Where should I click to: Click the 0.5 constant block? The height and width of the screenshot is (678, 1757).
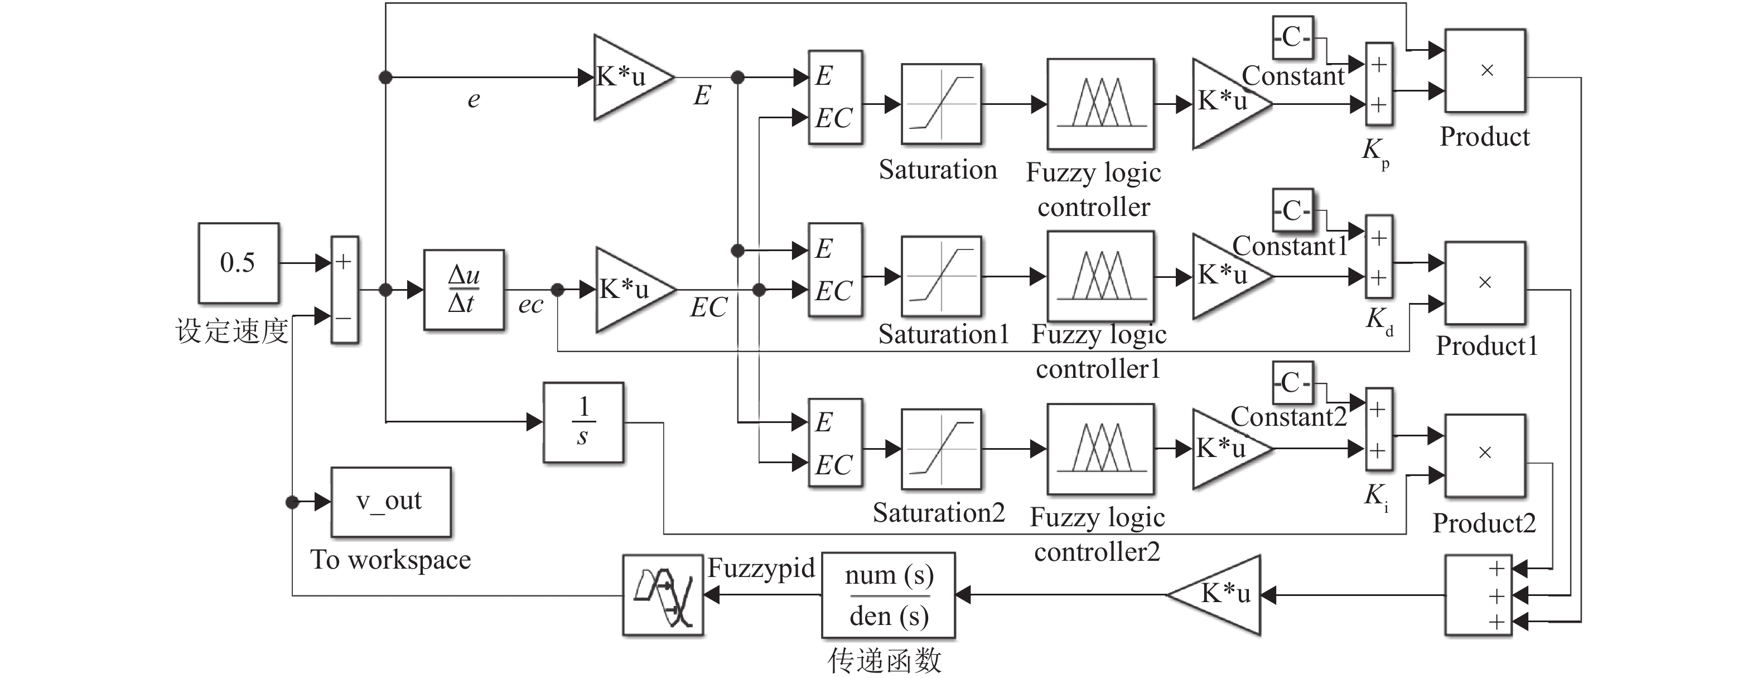click(238, 263)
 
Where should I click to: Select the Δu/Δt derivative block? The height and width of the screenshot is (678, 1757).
click(464, 290)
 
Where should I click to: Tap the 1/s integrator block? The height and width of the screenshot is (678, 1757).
click(583, 422)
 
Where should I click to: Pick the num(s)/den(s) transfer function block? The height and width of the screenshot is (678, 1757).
click(888, 595)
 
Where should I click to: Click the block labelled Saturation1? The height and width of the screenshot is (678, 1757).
click(942, 277)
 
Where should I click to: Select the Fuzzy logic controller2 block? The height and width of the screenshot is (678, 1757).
click(1100, 449)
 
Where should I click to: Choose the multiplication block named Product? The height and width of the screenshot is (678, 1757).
click(1485, 70)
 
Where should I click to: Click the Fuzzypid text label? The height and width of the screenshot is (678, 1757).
click(760, 568)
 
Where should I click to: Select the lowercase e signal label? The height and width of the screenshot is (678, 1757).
click(474, 99)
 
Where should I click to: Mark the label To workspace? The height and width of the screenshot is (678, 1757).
click(390, 560)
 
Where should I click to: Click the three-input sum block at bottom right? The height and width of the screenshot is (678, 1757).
click(1478, 595)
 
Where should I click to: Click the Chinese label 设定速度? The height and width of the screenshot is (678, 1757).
click(232, 331)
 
